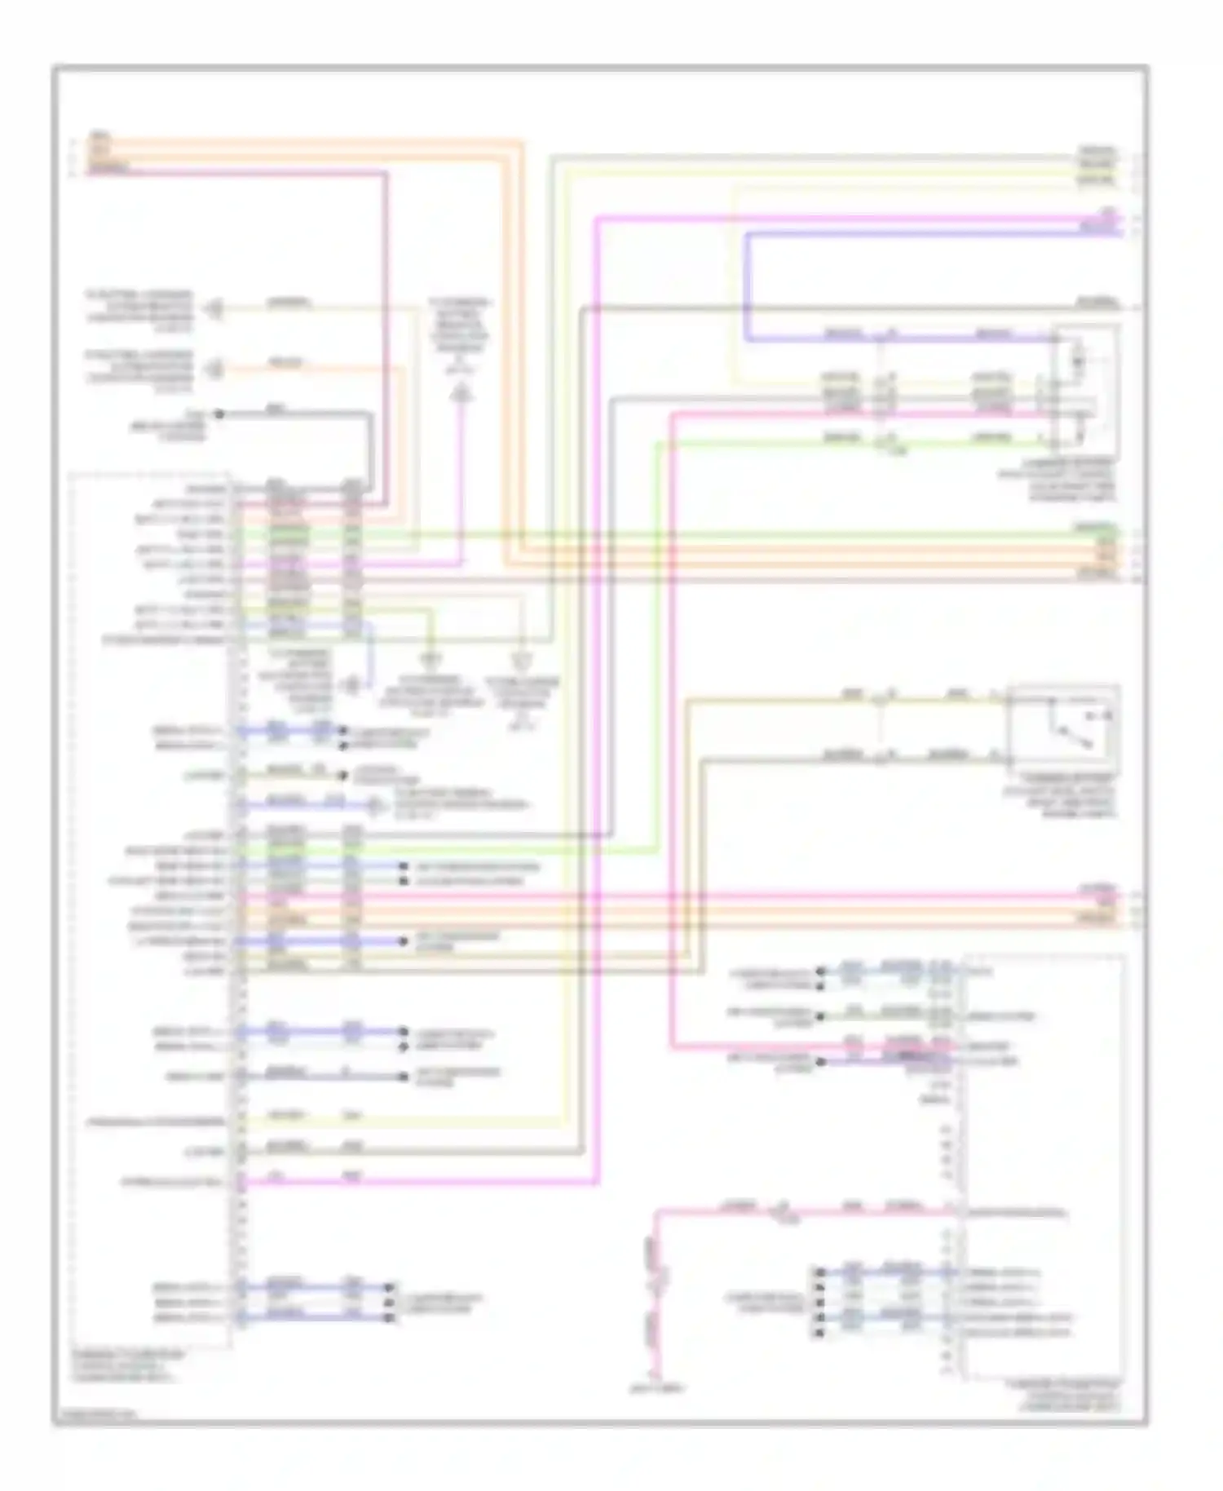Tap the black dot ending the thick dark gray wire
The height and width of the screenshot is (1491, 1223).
pos(219,414)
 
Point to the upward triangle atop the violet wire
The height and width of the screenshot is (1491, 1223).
pos(461,396)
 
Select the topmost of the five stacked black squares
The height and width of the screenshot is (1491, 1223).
pos(819,1272)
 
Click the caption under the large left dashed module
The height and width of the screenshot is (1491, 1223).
pos(126,1366)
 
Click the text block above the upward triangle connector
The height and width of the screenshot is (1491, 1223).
pos(459,334)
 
